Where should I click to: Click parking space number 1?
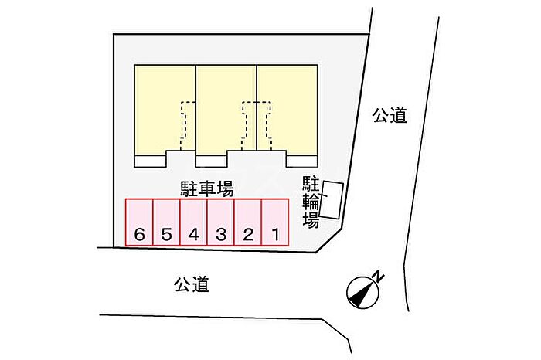(x=275, y=222)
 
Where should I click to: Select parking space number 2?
(x=248, y=222)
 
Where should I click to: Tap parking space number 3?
(x=221, y=222)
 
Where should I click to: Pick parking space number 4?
(x=193, y=222)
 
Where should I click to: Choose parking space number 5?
(x=167, y=222)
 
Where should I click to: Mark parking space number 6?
(x=139, y=222)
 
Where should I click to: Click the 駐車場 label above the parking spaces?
(x=207, y=189)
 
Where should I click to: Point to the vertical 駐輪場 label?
(x=311, y=202)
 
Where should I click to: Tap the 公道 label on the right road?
(x=390, y=116)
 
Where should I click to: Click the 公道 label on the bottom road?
(x=192, y=284)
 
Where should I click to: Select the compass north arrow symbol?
(x=362, y=293)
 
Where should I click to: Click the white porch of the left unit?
(x=151, y=161)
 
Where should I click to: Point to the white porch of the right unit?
(x=302, y=161)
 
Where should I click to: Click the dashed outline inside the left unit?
(x=184, y=126)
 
